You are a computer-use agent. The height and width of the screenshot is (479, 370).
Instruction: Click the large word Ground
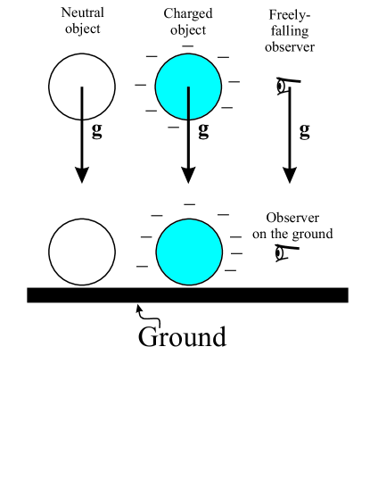point(182,337)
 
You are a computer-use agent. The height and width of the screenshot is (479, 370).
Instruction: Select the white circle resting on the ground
point(81,252)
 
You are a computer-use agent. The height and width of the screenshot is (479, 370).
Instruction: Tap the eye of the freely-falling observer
point(282,87)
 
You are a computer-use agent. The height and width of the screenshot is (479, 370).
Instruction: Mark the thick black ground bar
point(187,295)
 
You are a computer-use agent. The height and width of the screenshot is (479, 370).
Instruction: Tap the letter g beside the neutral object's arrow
point(97,131)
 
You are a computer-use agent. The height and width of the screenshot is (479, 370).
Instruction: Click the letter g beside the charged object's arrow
point(203,131)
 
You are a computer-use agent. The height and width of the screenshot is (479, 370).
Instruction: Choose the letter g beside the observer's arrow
point(305,131)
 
